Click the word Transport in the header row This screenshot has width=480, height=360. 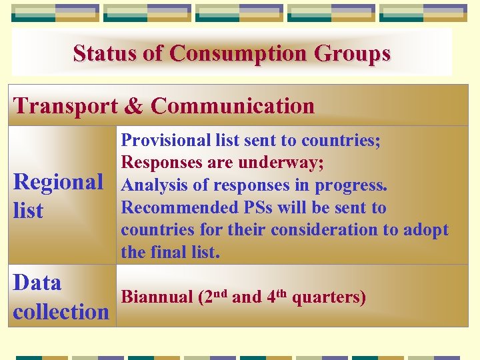pyautogui.click(x=64, y=106)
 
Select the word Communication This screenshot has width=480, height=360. pyautogui.click(x=232, y=106)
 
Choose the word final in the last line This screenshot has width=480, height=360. pyautogui.click(x=167, y=253)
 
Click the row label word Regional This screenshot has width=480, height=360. pyautogui.click(x=58, y=181)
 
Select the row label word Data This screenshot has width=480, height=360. pyautogui.click(x=37, y=283)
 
